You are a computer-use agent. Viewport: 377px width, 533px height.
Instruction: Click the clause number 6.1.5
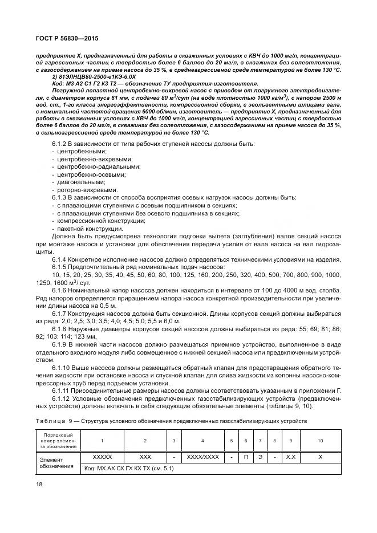point(61,267)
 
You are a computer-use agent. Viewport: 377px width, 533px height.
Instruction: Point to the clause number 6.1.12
point(63,399)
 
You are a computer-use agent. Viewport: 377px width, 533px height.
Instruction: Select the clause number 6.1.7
point(61,314)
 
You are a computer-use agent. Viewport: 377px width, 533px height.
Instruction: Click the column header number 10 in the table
point(320,441)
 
